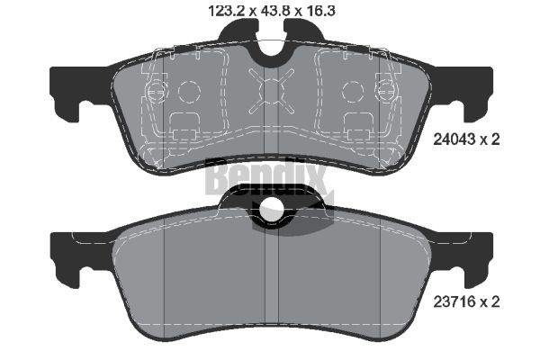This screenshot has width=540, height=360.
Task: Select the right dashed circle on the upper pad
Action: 353,91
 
